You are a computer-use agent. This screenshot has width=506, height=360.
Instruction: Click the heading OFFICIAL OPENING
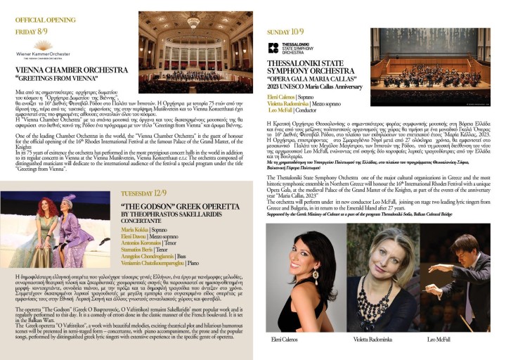(45, 20)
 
